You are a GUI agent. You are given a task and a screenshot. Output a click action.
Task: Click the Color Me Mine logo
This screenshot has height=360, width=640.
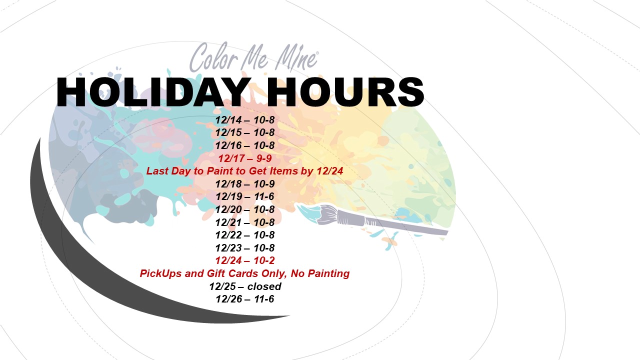click(253, 57)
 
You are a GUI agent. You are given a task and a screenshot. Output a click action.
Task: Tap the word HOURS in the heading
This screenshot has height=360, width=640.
click(345, 92)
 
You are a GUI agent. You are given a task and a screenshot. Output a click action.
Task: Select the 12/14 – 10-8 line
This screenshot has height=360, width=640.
click(245, 120)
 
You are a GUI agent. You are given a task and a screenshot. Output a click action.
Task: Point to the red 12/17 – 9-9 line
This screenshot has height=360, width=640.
click(245, 158)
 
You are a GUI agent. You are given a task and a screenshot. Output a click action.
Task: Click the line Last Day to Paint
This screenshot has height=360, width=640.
click(244, 171)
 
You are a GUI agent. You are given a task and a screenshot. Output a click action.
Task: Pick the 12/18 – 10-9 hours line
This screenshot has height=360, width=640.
click(245, 184)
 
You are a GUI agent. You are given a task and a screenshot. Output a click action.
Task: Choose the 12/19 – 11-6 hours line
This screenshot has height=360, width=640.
click(245, 196)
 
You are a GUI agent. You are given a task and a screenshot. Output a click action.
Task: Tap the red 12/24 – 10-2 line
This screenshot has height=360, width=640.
click(245, 260)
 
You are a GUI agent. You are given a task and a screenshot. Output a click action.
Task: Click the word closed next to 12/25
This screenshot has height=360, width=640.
click(264, 286)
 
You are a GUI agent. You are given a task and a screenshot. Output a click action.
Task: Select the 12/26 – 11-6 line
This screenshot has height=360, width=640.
click(245, 299)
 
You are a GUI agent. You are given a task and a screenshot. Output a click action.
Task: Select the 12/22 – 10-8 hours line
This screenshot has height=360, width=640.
click(245, 235)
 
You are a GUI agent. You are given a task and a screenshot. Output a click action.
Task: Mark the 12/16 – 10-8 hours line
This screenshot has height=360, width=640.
click(245, 145)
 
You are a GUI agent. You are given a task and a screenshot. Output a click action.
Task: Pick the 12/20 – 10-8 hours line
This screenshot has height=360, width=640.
click(245, 209)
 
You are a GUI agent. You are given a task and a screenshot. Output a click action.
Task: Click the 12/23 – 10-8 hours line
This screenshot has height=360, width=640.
click(245, 248)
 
